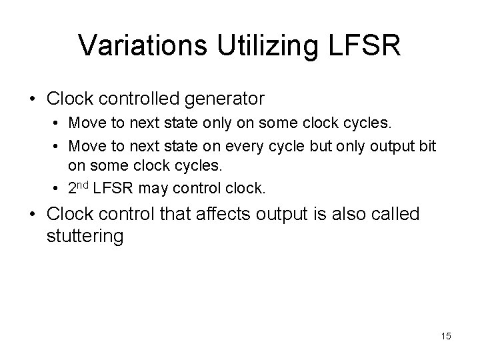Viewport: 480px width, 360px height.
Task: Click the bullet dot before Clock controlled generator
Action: pyautogui.click(x=32, y=99)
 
